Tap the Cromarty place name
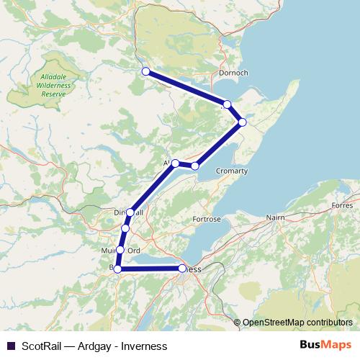[231, 171]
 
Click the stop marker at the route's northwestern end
[145, 71]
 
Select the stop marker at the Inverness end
[182, 269]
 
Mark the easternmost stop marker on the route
[243, 122]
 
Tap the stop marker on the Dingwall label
[130, 212]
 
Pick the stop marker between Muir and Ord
[120, 250]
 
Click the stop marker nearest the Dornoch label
[227, 104]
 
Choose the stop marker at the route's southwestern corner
[117, 269]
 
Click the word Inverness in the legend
[147, 346]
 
